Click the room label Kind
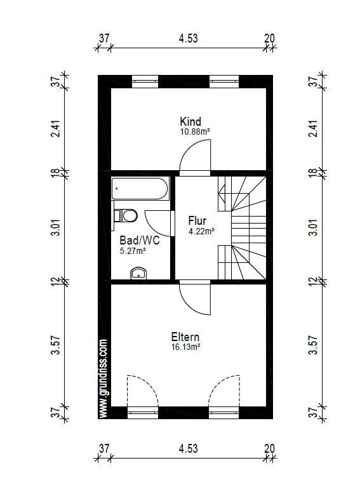tap(190, 121)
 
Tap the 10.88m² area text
tap(195, 131)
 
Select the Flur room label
tap(197, 221)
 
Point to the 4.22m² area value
tap(201, 231)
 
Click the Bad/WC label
tap(140, 240)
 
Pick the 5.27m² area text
tap(133, 250)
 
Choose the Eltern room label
tap(185, 337)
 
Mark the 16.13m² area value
tap(185, 347)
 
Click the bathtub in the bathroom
tap(140, 189)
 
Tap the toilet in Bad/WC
tap(125, 215)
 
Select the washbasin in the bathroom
tap(138, 273)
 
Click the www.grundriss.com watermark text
tap(103, 378)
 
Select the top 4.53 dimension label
tap(189, 38)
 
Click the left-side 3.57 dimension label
tap(56, 345)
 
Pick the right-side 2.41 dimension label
tap(314, 128)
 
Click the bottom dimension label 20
tap(270, 448)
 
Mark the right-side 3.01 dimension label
tap(314, 228)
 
